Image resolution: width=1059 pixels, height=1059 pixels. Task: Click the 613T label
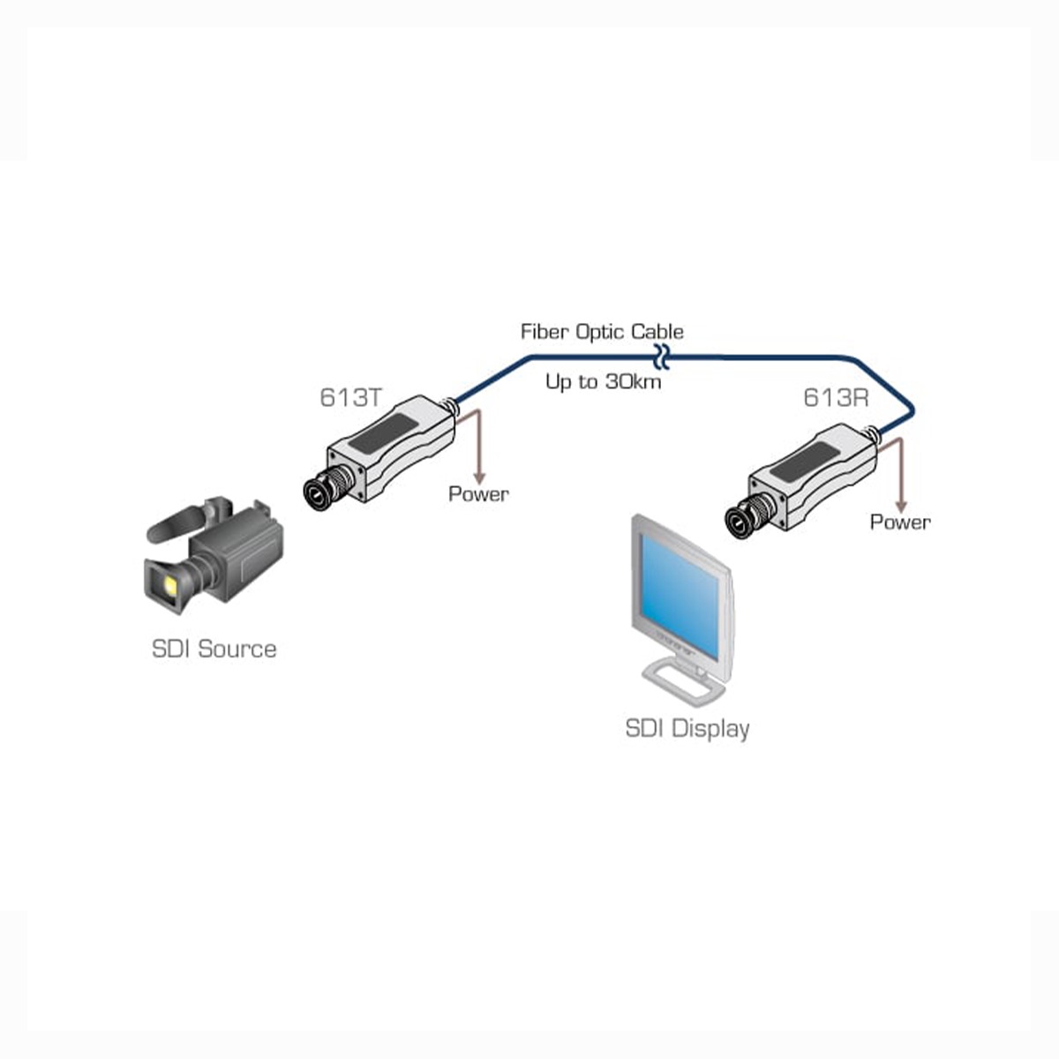[350, 398]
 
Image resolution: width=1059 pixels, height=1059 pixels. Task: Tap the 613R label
[835, 398]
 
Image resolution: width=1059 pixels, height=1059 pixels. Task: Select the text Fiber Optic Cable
[602, 332]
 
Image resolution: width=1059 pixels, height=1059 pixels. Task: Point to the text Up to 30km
[603, 382]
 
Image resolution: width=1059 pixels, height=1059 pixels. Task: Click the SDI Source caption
[214, 650]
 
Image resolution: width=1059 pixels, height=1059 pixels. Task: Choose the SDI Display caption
[687, 729]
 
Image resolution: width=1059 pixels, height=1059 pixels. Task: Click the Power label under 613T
[478, 494]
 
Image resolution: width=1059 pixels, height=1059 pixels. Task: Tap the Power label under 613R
[900, 522]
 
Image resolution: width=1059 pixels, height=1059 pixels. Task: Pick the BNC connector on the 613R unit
[740, 522]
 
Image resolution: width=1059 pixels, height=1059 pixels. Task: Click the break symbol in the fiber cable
[663, 357]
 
